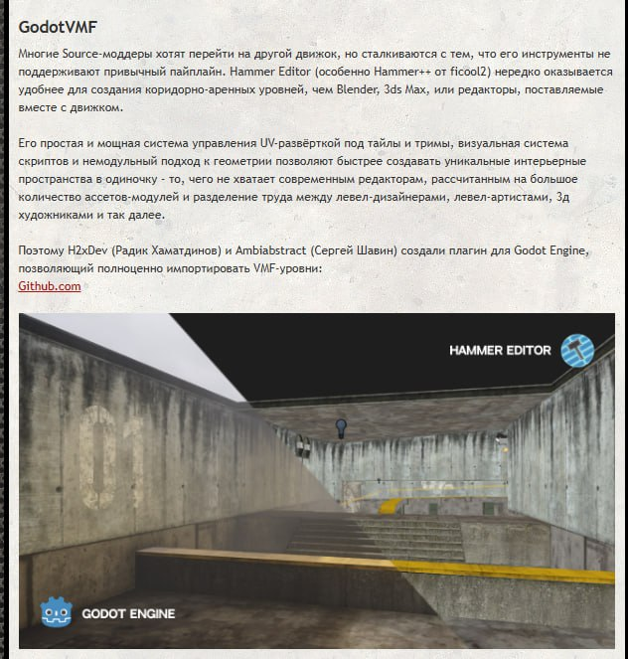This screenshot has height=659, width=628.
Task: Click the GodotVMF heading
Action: coord(59,26)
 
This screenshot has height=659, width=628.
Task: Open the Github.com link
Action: coord(50,286)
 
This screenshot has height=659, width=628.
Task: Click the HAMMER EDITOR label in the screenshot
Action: coord(500,351)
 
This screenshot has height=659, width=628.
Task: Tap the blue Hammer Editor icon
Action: coord(577,350)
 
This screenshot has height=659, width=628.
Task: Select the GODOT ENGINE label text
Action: coord(129,613)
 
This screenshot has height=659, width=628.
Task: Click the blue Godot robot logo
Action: coord(58,613)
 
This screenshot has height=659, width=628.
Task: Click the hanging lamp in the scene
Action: coord(341,428)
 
